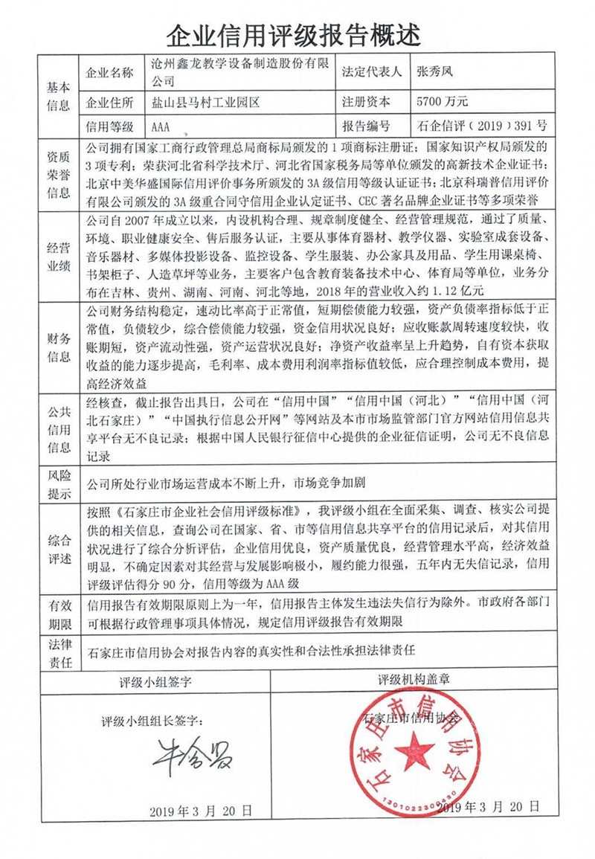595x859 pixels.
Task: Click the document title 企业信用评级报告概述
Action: pos(297,33)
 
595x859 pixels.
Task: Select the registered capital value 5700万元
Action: pos(443,100)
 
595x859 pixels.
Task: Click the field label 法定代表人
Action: pos(371,72)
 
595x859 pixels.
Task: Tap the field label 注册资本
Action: pos(365,100)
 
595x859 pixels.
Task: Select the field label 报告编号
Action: pos(365,126)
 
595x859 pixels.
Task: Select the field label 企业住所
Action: pos(111,100)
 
